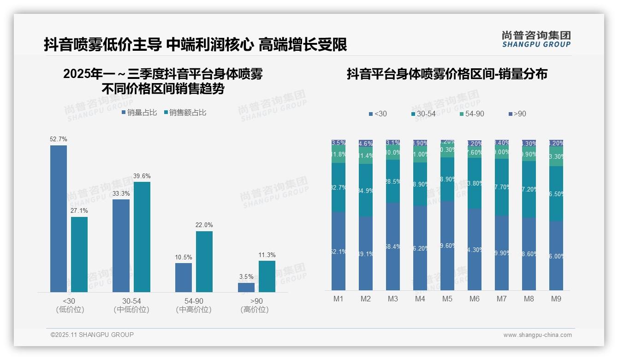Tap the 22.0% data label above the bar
pos(204,225)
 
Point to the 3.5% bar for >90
pos(246,287)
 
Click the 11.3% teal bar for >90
pos(267,276)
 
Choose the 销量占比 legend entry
pos(139,113)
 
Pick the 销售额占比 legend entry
pos(185,113)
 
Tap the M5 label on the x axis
pos(447,299)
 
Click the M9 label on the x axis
pos(556,299)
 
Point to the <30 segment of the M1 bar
pos(339,251)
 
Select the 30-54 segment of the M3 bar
pos(393,181)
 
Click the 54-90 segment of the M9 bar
pos(556,156)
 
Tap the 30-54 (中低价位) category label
pos(131,305)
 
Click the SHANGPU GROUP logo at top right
pos(536,39)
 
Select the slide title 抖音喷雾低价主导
pos(195,45)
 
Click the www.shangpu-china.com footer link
pos(537,335)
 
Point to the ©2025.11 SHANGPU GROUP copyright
pos(92,335)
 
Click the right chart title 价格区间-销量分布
pos(447,74)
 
